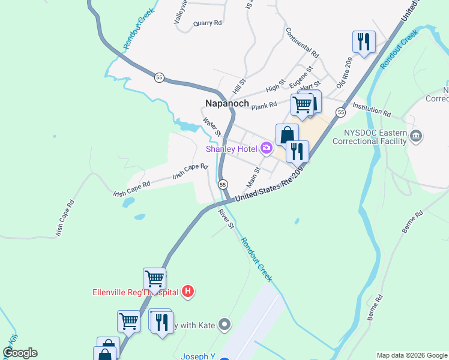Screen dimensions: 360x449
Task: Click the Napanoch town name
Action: coord(227,103)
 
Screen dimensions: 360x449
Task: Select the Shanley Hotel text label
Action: coord(232,149)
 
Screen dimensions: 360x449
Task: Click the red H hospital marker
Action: coord(188,292)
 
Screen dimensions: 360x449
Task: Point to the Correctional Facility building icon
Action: coord(416,137)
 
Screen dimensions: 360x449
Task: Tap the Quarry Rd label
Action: coord(208,23)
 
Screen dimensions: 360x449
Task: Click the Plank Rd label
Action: coord(264,106)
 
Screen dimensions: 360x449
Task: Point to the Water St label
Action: coord(212,126)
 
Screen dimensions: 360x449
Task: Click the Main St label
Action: coord(253,177)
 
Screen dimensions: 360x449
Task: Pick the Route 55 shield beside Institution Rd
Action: coord(341,112)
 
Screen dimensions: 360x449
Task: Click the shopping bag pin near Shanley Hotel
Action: coord(287,134)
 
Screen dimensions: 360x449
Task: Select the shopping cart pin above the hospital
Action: coord(154,278)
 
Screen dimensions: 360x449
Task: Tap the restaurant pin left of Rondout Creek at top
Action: coord(363,41)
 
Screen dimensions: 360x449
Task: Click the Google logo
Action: coord(20,353)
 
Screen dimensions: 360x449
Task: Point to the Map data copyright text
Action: coord(412,355)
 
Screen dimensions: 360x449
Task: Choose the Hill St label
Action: coord(240,86)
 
